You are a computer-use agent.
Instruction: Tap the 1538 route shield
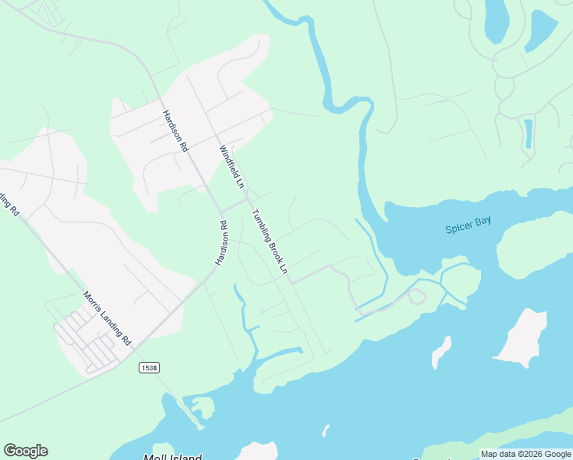pos(149,368)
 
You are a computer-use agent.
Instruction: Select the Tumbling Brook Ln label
pos(270,242)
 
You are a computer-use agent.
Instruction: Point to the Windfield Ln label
pos(231,167)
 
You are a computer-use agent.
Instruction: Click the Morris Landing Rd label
pos(107,319)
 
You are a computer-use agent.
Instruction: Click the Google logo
pos(25,451)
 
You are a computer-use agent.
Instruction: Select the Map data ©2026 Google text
pos(526,454)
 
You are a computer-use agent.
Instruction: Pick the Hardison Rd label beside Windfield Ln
pos(175,131)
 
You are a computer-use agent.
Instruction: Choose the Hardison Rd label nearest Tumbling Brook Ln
pos(221,244)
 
